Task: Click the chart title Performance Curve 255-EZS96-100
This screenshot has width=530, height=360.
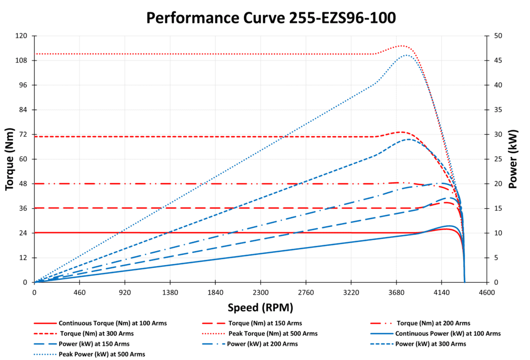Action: tap(271, 18)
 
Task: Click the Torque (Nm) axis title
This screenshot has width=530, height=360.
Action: tap(10, 159)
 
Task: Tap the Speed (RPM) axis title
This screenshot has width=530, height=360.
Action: tap(260, 307)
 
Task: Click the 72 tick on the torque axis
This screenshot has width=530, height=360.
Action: tap(23, 135)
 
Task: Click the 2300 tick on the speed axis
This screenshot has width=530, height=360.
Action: tap(261, 292)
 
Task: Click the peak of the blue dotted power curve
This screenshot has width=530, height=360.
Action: tap(407, 55)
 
